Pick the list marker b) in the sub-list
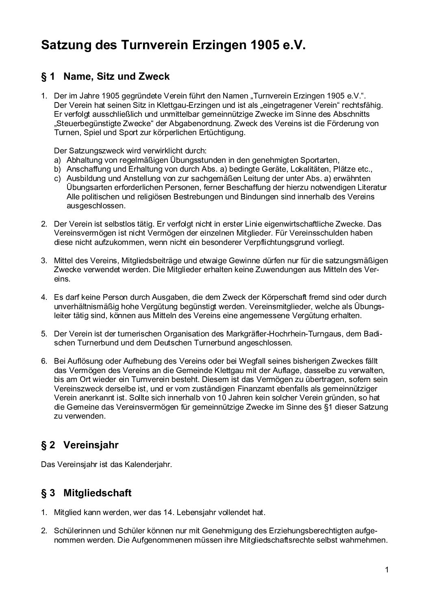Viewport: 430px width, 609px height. point(57,169)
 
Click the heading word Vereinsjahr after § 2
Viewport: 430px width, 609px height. point(91,445)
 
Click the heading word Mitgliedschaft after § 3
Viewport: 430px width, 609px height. point(98,493)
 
